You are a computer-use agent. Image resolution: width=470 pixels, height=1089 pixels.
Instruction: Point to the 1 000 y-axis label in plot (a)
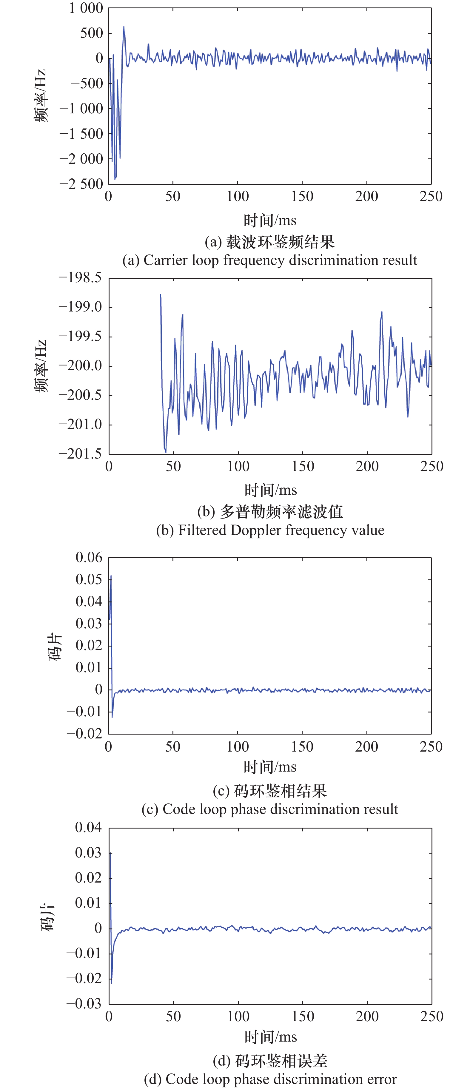(x=86, y=8)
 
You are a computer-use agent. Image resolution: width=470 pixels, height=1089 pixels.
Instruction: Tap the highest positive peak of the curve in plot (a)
(x=124, y=27)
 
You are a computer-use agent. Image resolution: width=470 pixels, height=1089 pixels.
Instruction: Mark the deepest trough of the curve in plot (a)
(x=115, y=179)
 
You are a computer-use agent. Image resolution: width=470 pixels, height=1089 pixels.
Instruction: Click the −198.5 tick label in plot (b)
(x=80, y=278)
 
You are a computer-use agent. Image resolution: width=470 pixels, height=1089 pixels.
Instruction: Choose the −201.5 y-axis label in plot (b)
(x=80, y=454)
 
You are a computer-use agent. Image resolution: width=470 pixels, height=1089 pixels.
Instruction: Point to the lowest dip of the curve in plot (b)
(x=166, y=452)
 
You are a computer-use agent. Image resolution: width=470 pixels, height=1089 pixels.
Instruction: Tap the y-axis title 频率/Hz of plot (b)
(x=41, y=366)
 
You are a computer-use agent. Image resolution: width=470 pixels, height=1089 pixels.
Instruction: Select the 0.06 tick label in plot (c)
(x=89, y=558)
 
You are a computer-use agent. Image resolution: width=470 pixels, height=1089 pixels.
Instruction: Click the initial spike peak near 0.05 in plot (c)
(x=111, y=576)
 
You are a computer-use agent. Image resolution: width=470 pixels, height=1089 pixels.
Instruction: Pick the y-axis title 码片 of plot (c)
(x=55, y=647)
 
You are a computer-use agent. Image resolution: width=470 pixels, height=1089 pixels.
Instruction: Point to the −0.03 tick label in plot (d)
(x=84, y=1004)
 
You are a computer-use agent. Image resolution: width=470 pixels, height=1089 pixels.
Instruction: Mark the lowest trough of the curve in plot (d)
(x=112, y=983)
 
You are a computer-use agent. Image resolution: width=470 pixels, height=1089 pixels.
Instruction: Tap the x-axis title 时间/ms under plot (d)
(x=270, y=1037)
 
